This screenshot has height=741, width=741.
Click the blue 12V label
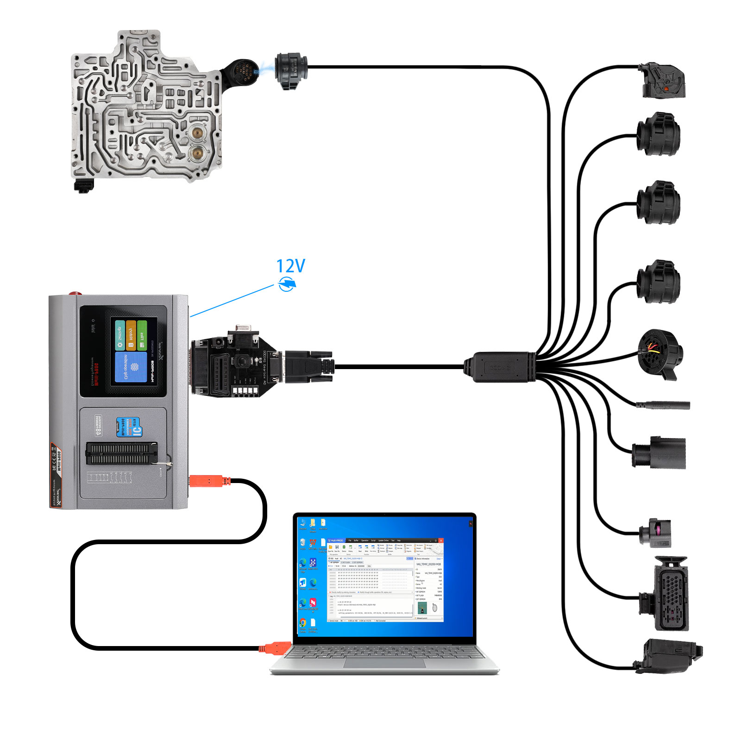tap(290, 266)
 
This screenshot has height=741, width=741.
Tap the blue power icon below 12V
tap(287, 283)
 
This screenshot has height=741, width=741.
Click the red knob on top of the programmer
tap(74, 294)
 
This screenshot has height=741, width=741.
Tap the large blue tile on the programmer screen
tap(131, 367)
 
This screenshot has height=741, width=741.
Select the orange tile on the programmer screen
tap(131, 335)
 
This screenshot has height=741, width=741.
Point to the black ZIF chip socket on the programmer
tap(121, 453)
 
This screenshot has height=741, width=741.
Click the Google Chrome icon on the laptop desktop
tap(303, 623)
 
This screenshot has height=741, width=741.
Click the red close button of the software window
tap(441, 540)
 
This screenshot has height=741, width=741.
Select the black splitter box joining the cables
tap(500, 367)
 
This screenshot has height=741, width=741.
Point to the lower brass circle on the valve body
tap(198, 152)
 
